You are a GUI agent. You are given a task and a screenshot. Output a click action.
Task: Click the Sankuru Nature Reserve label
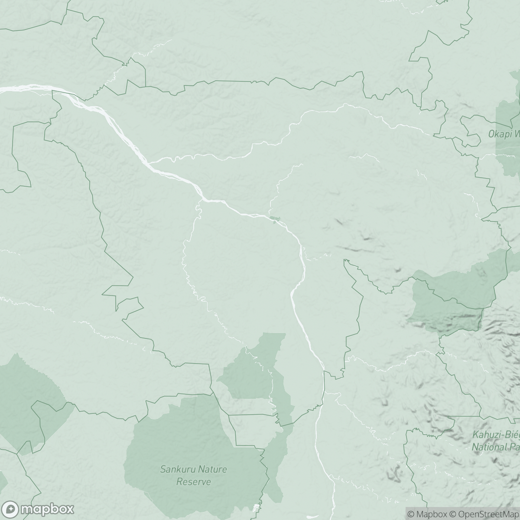(x=193, y=475)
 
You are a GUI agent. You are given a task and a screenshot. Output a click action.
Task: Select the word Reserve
(x=193, y=482)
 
